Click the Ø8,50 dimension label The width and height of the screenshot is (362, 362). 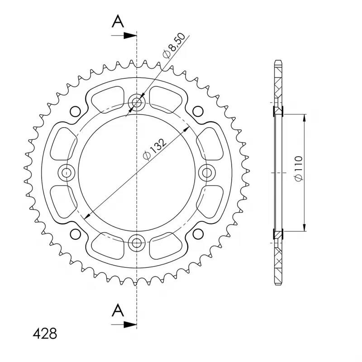click(174, 46)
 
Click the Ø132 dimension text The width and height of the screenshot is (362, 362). click(155, 149)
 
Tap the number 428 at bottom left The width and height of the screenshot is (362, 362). click(45, 333)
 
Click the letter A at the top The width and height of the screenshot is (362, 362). click(118, 21)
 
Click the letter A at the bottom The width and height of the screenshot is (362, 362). click(118, 310)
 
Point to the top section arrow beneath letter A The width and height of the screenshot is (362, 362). click(124, 36)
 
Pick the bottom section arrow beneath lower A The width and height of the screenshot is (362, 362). click(124, 324)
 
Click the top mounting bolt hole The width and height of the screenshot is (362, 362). click(137, 102)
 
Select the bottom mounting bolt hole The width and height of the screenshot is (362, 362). click(137, 243)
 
